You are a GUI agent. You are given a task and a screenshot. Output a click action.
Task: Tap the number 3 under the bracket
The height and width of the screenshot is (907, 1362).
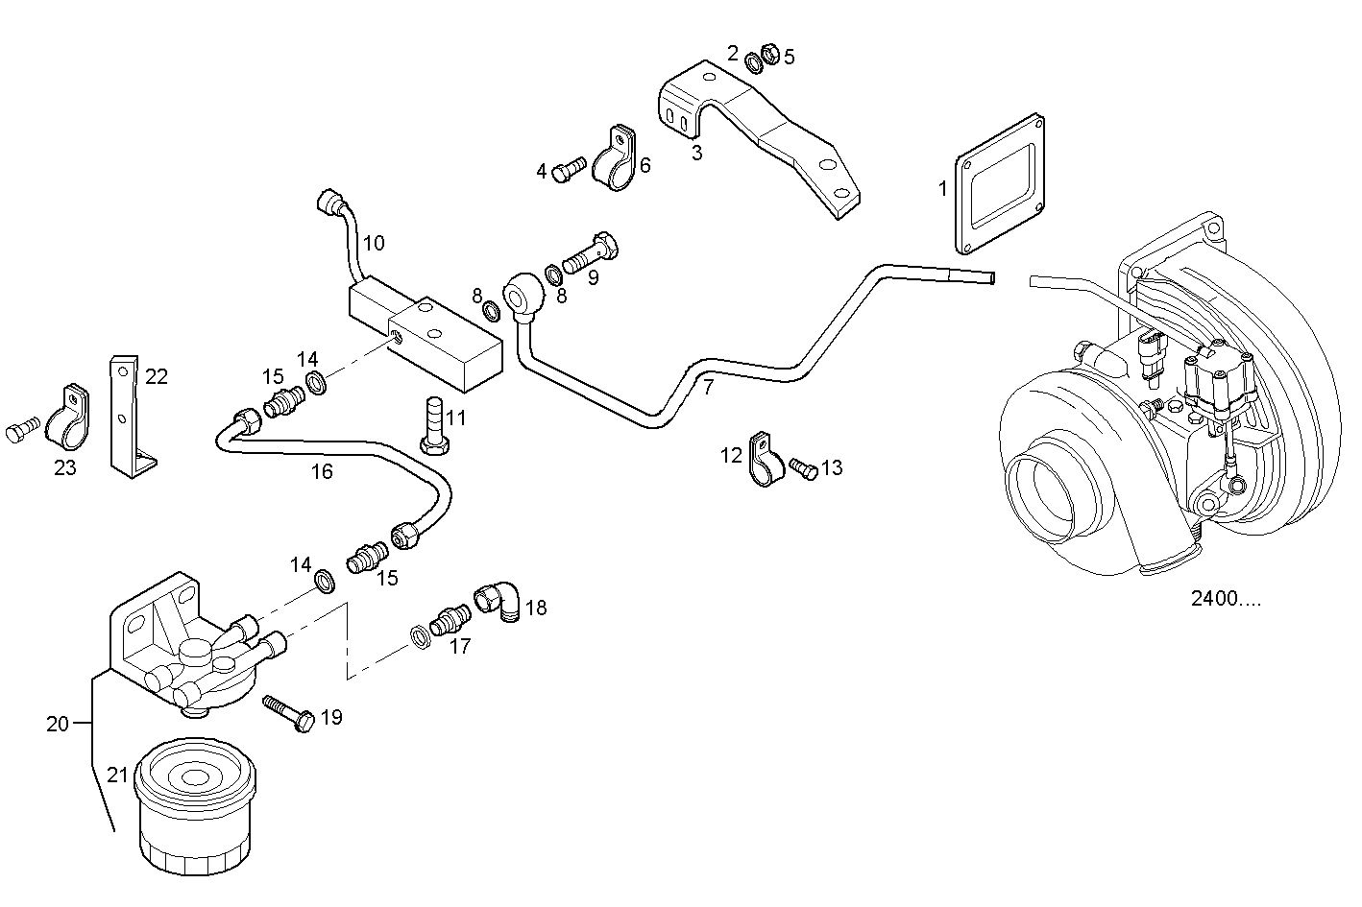click(x=696, y=152)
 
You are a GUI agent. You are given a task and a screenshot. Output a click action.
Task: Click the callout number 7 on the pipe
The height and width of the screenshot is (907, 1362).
click(x=708, y=389)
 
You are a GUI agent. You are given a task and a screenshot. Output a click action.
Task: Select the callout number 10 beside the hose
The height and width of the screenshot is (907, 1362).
click(x=374, y=244)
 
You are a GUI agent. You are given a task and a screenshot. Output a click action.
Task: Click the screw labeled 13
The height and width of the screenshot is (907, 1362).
click(x=804, y=468)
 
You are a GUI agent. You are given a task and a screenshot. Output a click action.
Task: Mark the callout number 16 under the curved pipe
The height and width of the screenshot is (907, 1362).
click(x=322, y=472)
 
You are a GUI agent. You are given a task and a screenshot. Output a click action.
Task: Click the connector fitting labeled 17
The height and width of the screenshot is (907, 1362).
click(x=446, y=621)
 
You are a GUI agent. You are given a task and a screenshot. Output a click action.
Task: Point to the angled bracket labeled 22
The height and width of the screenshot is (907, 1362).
click(x=126, y=418)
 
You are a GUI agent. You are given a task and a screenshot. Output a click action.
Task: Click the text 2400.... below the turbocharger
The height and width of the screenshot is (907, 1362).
click(x=1226, y=599)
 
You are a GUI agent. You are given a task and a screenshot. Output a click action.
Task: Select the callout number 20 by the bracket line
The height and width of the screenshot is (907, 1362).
click(x=58, y=724)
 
